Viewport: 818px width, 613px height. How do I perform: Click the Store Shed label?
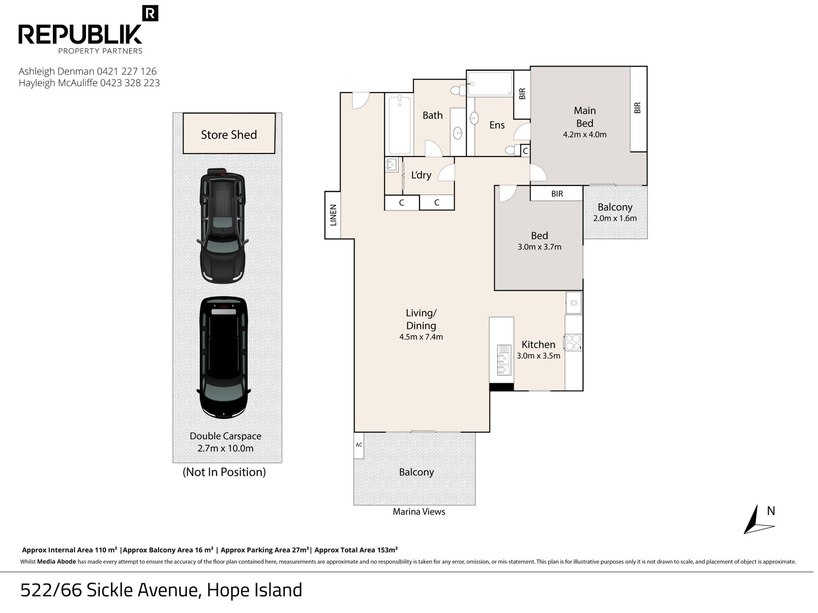(x=229, y=135)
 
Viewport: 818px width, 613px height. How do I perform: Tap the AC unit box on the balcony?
(x=359, y=445)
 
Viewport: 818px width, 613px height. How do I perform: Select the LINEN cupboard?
(x=333, y=215)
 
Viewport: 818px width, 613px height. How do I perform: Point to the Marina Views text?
(x=419, y=511)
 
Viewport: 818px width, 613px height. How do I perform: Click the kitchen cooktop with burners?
(x=573, y=342)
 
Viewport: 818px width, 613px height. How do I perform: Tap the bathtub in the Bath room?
(x=400, y=125)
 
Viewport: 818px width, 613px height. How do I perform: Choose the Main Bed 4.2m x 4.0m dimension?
(x=585, y=135)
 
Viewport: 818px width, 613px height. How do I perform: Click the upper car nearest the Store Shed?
(x=222, y=225)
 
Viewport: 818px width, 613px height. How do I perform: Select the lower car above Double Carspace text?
(x=223, y=357)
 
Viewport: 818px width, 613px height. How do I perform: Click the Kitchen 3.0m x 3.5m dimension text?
(x=539, y=356)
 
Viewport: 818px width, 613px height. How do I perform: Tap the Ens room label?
(x=497, y=125)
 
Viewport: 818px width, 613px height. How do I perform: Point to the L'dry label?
(x=421, y=175)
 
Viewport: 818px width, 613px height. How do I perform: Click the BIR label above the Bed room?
(x=557, y=194)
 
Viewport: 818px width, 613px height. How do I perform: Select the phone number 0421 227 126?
(x=127, y=71)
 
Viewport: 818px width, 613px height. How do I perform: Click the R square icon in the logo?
(x=150, y=13)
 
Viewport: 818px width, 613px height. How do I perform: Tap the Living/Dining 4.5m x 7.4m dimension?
(x=421, y=337)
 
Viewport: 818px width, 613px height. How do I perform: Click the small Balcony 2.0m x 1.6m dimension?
(x=615, y=218)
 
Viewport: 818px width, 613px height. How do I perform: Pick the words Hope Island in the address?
(x=254, y=590)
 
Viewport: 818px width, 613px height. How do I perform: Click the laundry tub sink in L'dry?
(x=392, y=165)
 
